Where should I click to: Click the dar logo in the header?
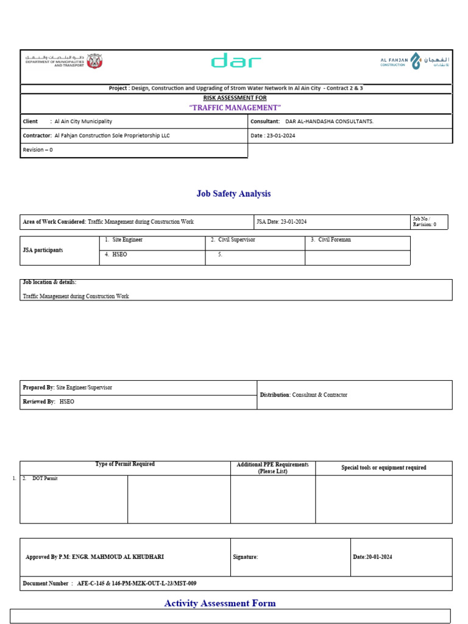pyautogui.click(x=236, y=61)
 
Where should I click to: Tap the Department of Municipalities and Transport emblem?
pyautogui.click(x=94, y=61)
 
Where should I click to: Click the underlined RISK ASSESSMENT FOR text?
pyautogui.click(x=235, y=97)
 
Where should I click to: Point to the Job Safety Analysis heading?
pyautogui.click(x=233, y=194)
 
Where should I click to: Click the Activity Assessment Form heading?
pyautogui.click(x=220, y=603)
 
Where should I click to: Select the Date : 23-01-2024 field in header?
pyautogui.click(x=272, y=136)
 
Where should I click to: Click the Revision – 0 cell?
pyautogui.click(x=38, y=150)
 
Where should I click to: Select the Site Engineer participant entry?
pyautogui.click(x=127, y=240)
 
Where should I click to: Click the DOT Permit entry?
pyautogui.click(x=44, y=479)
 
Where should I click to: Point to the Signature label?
pyautogui.click(x=246, y=557)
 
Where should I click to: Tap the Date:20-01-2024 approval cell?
pyautogui.click(x=372, y=557)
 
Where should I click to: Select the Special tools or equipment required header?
pyautogui.click(x=383, y=468)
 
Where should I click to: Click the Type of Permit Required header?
pyautogui.click(x=125, y=464)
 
